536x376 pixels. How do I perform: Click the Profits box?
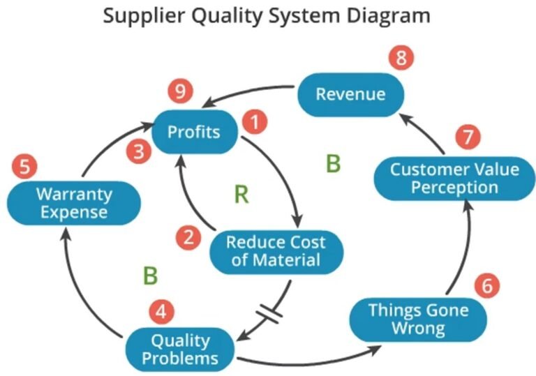click(x=194, y=131)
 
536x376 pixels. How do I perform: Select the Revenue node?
click(x=341, y=94)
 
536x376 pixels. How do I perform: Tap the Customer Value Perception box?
click(x=444, y=179)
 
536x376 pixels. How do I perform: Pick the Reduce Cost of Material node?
click(x=275, y=252)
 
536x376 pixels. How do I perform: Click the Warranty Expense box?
click(x=62, y=202)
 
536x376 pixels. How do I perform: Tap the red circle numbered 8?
click(x=401, y=58)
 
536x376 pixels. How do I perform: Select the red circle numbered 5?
click(x=24, y=167)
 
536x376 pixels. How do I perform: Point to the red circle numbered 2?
click(x=187, y=238)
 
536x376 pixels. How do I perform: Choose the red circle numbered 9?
click(x=180, y=91)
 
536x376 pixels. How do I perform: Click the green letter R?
click(x=241, y=194)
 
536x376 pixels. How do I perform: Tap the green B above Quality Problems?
click(x=150, y=276)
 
